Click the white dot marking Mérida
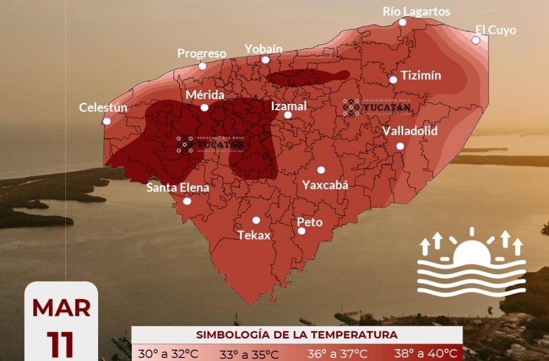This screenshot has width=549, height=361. point(204,108)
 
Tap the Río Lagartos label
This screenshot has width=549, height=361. point(416,11)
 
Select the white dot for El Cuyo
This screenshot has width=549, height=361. point(476,40)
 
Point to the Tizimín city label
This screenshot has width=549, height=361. point(421,76)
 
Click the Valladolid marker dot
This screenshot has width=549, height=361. point(400,146)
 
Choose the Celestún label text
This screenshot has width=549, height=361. point(103,108)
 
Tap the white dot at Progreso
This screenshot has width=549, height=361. point(203,66)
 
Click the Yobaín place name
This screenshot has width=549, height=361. point(263,49)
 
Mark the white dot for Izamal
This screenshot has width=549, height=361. point(288,115)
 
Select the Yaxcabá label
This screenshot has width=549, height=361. point(325,185)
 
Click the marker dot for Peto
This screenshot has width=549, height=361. point(302,231)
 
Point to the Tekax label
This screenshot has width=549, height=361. point(254,235)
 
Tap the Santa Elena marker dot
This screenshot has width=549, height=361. point(187,201)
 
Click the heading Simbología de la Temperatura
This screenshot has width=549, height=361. point(296,335)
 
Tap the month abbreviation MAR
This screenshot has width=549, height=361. point(61,308)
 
